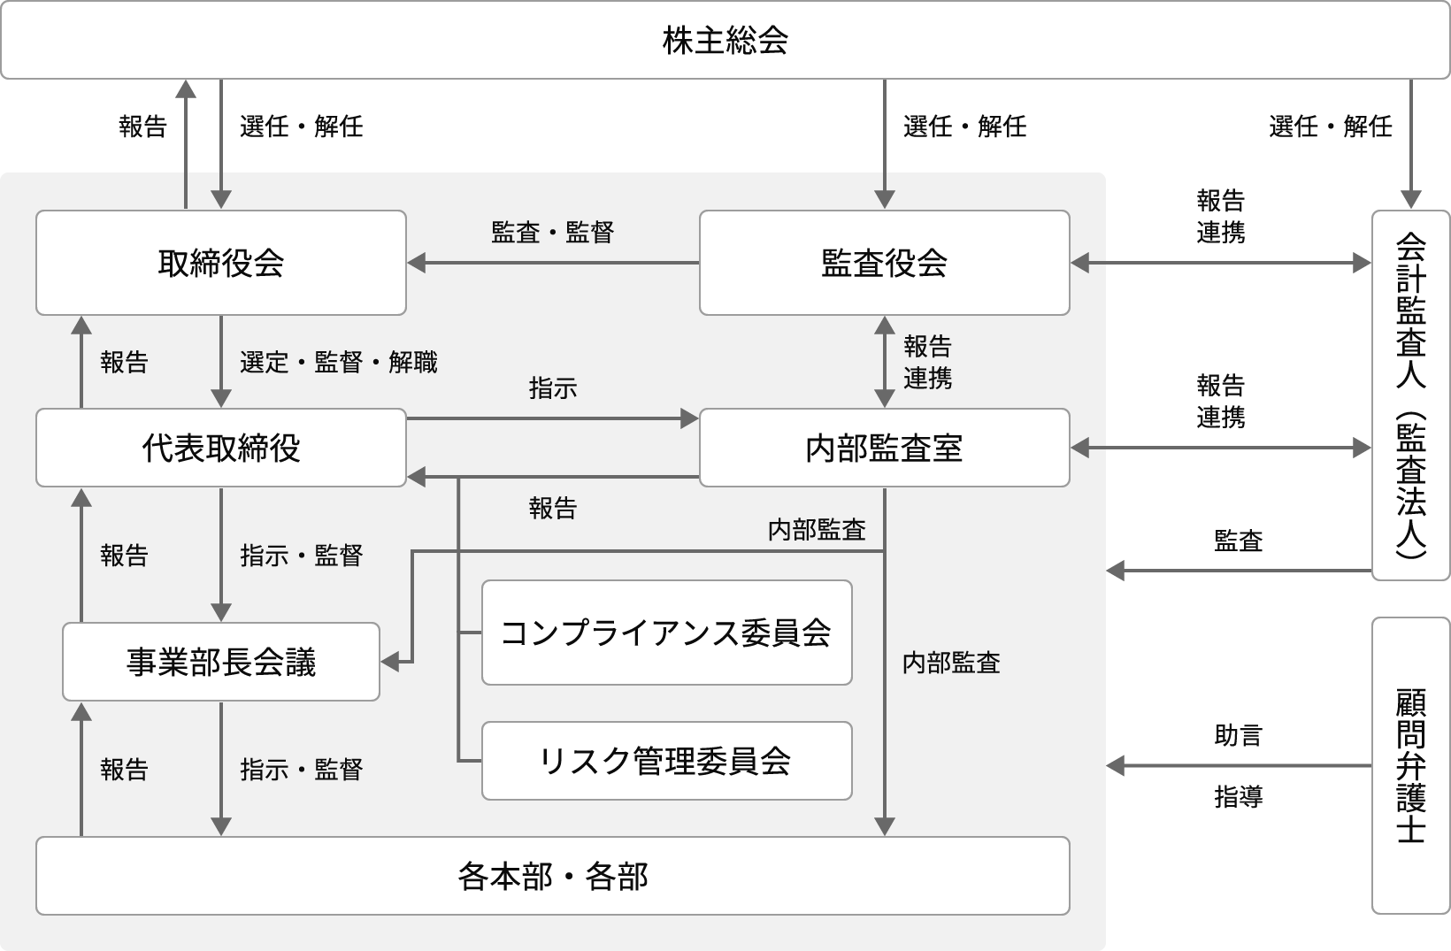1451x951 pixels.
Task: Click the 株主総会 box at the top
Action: pos(725,41)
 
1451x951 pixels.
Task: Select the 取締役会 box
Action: pos(221,263)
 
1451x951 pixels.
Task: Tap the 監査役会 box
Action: pos(884,263)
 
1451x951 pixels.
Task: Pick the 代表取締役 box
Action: pos(221,448)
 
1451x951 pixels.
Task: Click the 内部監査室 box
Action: pos(884,448)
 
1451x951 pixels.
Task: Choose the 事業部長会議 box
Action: pos(221,662)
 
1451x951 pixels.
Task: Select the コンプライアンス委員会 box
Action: pos(666,633)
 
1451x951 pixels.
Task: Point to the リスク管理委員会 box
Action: pos(666,761)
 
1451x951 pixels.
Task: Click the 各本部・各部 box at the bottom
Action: pos(553,876)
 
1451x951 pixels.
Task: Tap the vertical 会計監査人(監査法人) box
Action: pos(1411,395)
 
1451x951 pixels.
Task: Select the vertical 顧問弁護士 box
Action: pos(1411,765)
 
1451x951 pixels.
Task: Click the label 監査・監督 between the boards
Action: pos(552,233)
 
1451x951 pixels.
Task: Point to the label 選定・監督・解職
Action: pos(338,362)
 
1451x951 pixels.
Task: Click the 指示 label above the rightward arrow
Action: pos(552,387)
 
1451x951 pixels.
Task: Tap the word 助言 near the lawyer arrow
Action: pos(1238,735)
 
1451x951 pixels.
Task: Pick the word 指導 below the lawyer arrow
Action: pos(1238,797)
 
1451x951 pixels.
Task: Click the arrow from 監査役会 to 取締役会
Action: pos(553,263)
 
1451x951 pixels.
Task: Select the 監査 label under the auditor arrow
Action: pos(1238,541)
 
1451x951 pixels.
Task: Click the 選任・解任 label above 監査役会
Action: pos(964,127)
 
